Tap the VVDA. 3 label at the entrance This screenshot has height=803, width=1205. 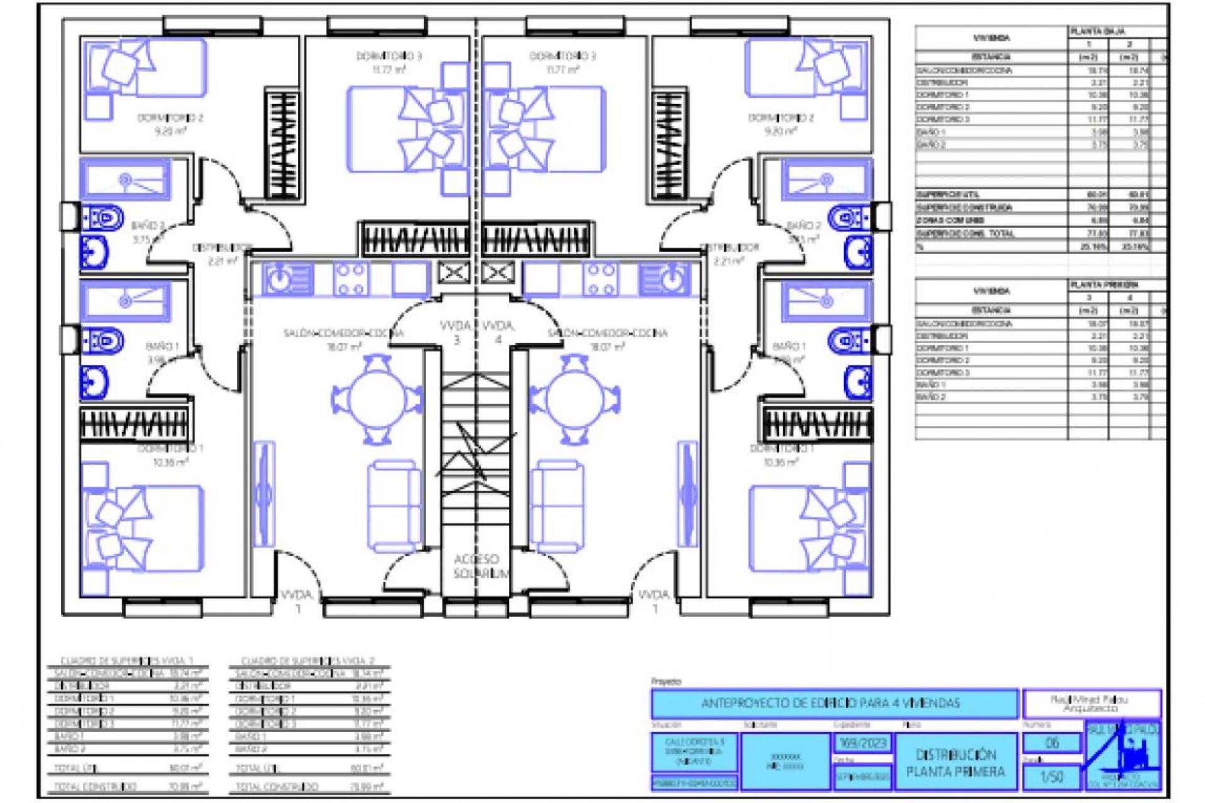pyautogui.click(x=456, y=332)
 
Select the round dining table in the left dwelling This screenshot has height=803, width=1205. pyautogui.click(x=377, y=400)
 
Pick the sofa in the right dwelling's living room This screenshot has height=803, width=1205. pyautogui.click(x=557, y=506)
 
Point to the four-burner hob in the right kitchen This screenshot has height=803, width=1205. pyautogui.click(x=601, y=279)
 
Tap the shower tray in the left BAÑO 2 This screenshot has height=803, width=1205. pyautogui.click(x=126, y=180)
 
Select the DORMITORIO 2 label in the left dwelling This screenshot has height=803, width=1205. pyautogui.click(x=170, y=118)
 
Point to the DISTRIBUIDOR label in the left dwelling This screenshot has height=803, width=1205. pyautogui.click(x=222, y=248)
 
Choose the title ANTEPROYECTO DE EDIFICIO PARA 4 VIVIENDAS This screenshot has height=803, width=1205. pyautogui.click(x=833, y=703)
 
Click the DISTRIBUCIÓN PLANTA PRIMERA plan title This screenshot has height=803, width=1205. pyautogui.click(x=955, y=763)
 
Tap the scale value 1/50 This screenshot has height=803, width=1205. pyautogui.click(x=1051, y=777)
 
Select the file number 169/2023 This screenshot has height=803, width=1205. pyautogui.click(x=862, y=743)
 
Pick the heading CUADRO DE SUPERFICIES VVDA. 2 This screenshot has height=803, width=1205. pyautogui.click(x=308, y=661)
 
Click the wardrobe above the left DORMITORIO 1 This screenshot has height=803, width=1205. pyautogui.click(x=134, y=425)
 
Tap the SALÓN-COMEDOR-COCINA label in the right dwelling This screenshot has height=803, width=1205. pyautogui.click(x=607, y=333)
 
